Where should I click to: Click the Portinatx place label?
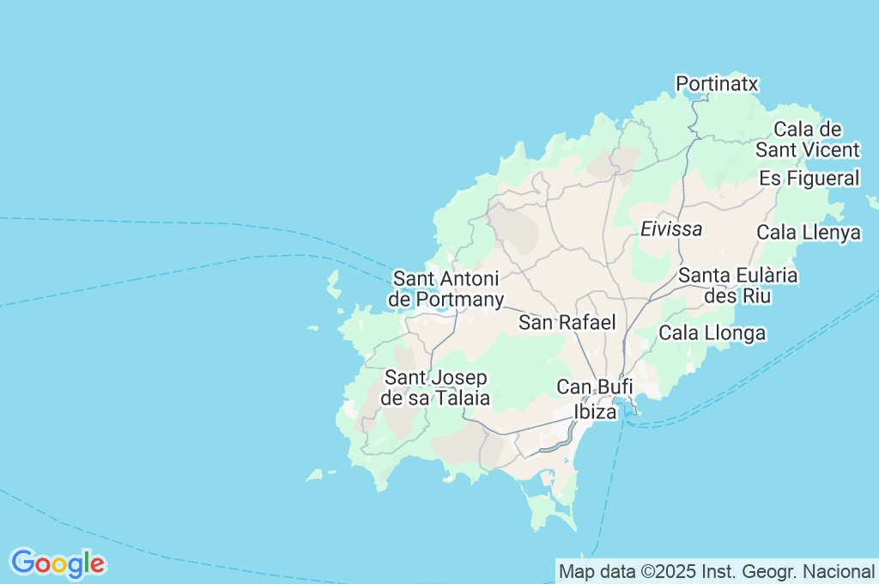click(717, 83)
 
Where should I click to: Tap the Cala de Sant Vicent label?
click(807, 140)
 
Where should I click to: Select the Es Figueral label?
click(809, 179)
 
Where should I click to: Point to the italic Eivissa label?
click(671, 229)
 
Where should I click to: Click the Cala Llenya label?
click(809, 233)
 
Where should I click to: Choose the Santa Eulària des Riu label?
click(738, 286)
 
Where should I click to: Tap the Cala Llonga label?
click(712, 333)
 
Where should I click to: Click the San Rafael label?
click(567, 323)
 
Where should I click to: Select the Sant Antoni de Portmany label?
click(446, 289)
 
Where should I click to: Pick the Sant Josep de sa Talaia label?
click(437, 388)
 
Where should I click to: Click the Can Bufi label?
click(595, 387)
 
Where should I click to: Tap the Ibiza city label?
click(595, 412)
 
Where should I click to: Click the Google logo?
click(58, 563)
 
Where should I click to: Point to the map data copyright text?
click(717, 571)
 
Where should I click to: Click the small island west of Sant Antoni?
click(333, 284)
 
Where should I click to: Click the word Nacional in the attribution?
click(840, 571)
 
